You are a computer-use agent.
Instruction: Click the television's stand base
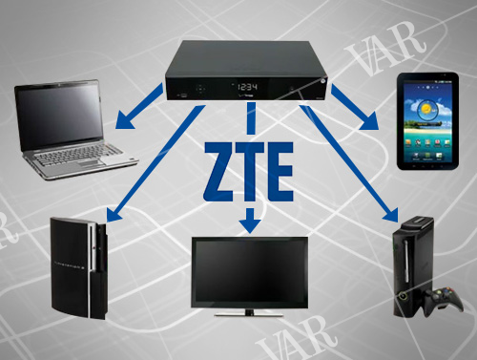(249, 311)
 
